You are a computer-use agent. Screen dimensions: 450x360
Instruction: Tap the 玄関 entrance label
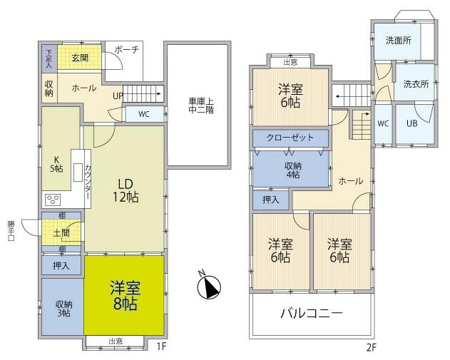pos(80,58)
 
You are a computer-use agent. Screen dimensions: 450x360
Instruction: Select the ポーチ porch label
pos(127,50)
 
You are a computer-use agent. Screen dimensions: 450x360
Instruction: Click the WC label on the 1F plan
pos(144,114)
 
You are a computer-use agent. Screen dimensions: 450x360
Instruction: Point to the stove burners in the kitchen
pos(53,200)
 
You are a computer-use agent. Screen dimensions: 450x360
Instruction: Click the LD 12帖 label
pos(126,190)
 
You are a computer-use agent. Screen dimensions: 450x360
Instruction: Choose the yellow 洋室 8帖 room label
pos(125,296)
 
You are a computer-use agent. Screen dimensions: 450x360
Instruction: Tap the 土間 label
pos(61,233)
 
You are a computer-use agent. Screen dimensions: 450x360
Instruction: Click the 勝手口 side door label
pos(11,231)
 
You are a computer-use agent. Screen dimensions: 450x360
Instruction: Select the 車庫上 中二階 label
pos(201,106)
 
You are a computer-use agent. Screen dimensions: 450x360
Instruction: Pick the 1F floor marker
pos(161,346)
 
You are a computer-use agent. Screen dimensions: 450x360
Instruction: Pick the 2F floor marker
pos(371,348)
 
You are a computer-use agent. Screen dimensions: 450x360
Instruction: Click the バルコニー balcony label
pos(312,313)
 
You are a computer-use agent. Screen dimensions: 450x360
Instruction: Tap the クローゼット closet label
pos(290,138)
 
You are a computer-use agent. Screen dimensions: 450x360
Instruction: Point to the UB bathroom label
pos(411,123)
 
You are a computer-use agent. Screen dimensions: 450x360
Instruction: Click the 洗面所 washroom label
pos(399,41)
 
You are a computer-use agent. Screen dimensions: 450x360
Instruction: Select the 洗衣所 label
pos(416,84)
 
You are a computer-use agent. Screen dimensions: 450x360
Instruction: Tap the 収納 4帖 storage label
pos(292,170)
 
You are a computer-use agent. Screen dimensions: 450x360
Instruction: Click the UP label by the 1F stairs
pos(118,96)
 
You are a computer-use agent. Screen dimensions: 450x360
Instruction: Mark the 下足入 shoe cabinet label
pos(49,58)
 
